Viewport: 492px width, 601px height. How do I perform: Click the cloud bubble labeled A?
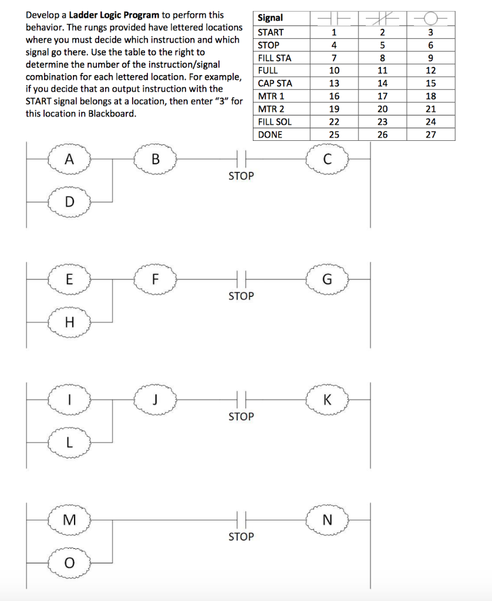point(70,159)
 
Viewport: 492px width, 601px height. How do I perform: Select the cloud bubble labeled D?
point(70,202)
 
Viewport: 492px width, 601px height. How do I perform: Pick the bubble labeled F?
point(155,279)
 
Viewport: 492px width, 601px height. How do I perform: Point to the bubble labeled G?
point(327,279)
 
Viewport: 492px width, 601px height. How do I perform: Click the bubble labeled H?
point(70,322)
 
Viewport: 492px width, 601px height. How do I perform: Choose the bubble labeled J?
point(155,400)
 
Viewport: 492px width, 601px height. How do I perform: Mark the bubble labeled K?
point(327,400)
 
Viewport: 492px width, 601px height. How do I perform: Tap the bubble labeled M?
point(70,520)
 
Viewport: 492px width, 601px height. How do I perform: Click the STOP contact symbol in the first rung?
point(241,159)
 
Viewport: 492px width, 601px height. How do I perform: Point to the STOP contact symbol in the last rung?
point(241,520)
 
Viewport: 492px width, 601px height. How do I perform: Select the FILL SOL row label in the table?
point(274,122)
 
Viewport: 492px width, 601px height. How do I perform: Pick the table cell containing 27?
point(430,135)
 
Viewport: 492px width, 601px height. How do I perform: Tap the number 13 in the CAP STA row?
point(333,83)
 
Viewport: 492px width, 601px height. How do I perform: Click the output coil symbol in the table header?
point(430,18)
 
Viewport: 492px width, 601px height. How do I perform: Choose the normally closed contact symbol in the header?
point(382,18)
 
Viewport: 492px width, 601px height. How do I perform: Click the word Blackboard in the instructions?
point(112,113)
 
